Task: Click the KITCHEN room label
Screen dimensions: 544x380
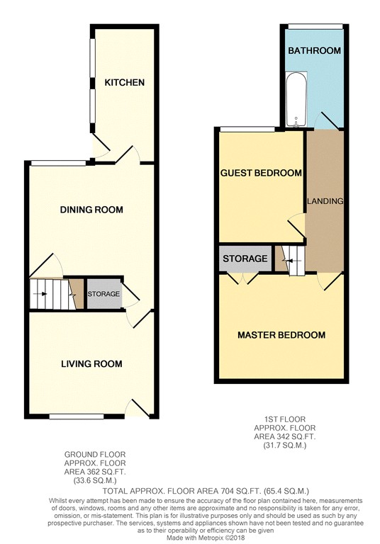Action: click(125, 83)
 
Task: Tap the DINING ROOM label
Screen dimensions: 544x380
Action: click(91, 210)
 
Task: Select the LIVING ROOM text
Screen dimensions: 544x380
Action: click(91, 364)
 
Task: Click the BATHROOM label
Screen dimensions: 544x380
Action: click(314, 51)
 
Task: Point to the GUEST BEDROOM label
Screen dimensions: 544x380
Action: click(261, 173)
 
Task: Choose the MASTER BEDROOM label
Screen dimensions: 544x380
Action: click(281, 335)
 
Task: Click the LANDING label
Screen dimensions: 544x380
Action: click(325, 201)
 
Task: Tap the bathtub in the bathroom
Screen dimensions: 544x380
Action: click(292, 102)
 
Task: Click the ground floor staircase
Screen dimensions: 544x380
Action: click(49, 293)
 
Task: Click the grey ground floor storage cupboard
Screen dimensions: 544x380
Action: click(104, 294)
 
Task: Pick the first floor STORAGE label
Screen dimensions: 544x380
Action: click(245, 259)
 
